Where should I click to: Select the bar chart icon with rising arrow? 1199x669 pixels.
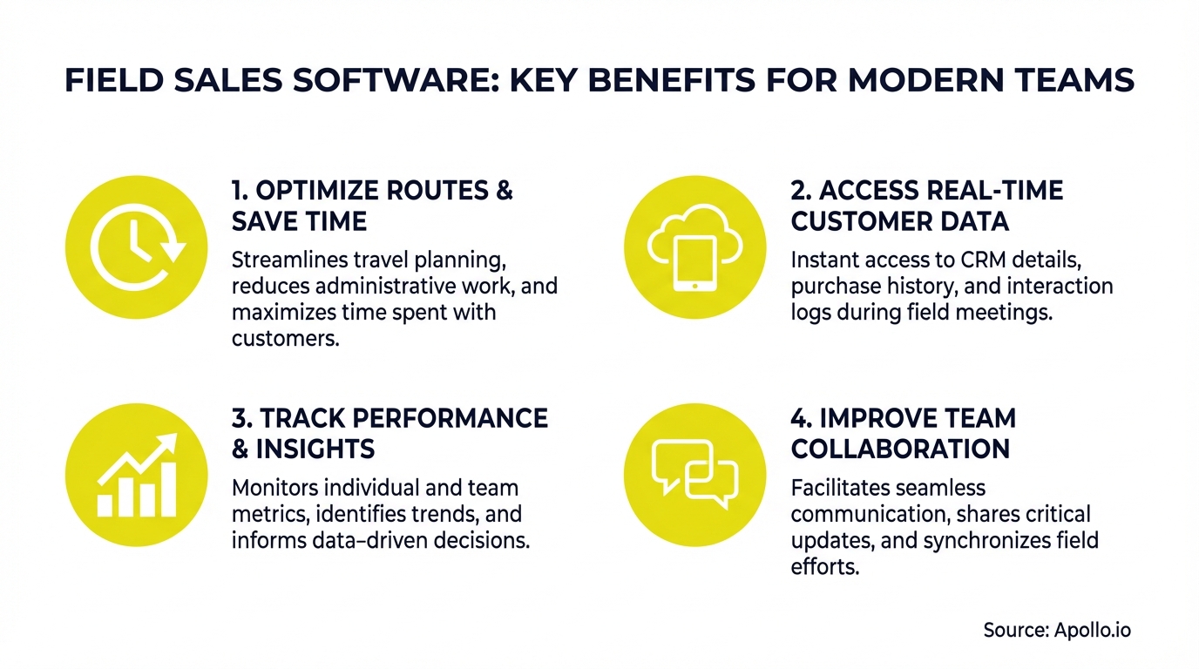[138, 475]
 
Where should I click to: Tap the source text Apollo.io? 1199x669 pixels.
[1092, 630]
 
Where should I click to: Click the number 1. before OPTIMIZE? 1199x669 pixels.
[241, 191]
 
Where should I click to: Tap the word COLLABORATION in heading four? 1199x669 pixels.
[900, 449]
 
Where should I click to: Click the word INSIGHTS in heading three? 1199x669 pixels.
[315, 449]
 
